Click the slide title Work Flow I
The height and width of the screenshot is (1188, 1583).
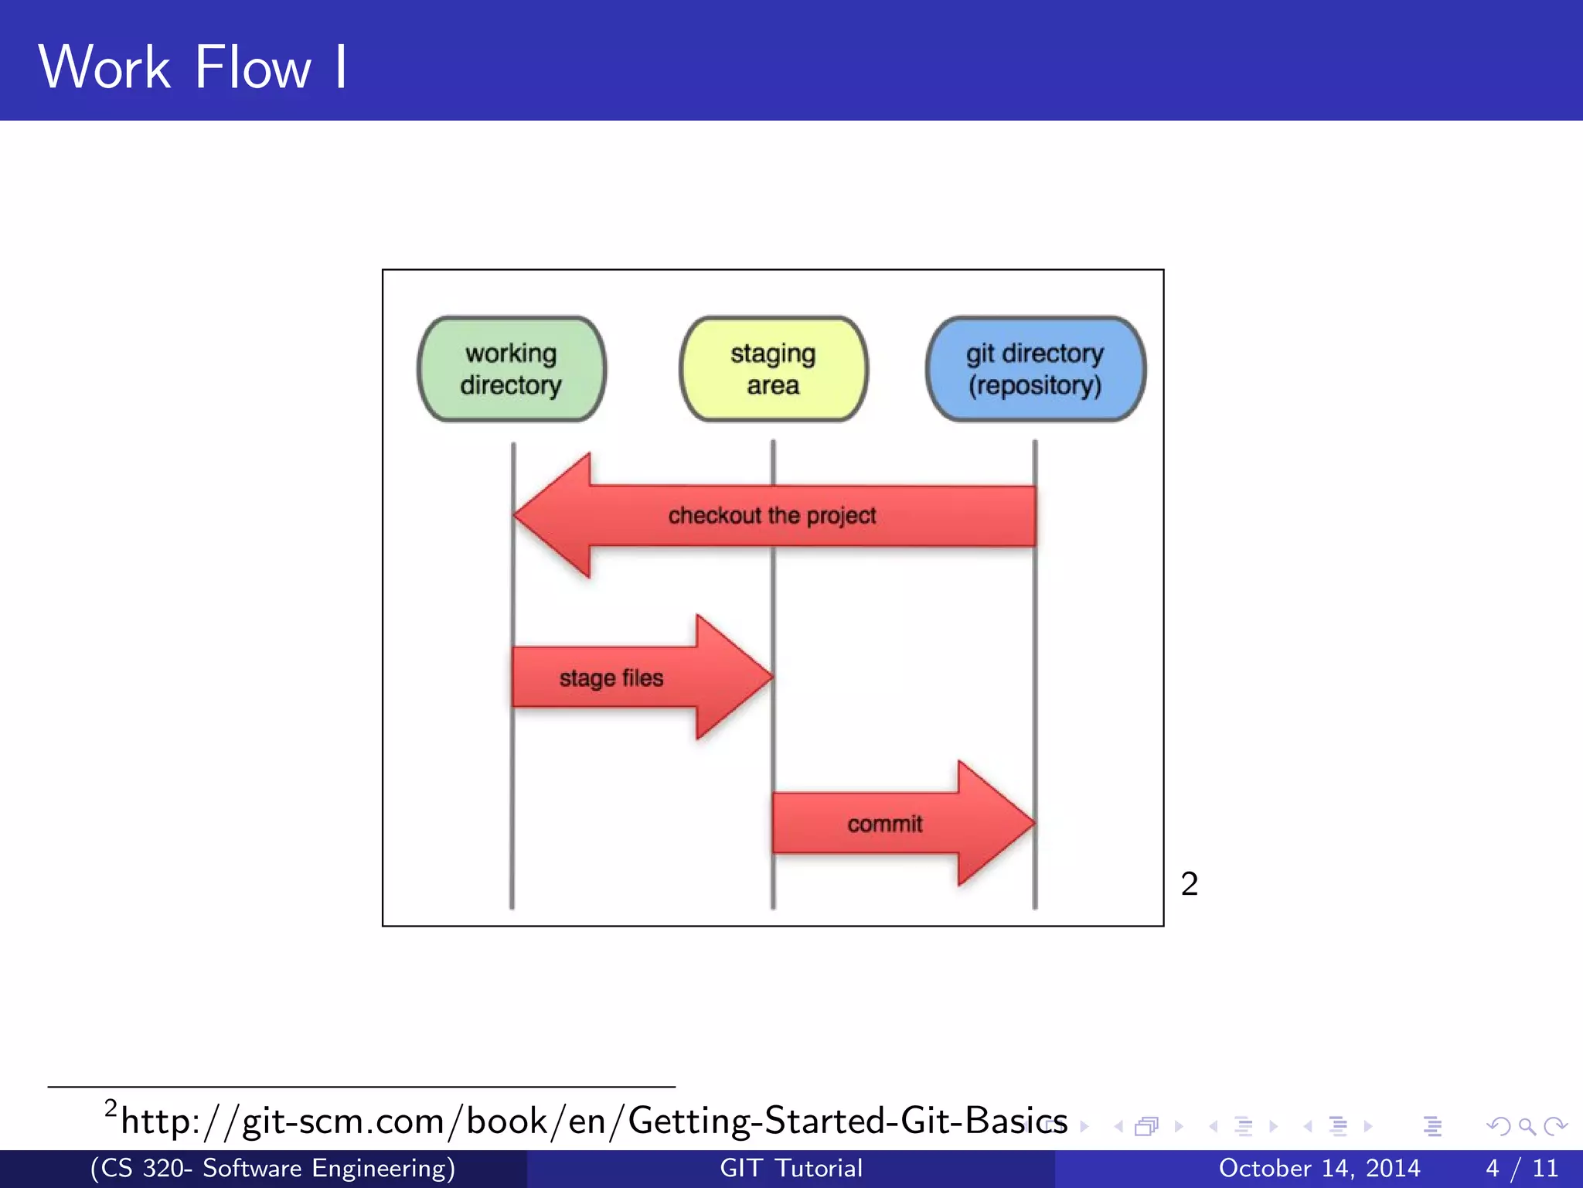point(193,67)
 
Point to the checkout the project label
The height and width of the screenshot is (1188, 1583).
point(771,515)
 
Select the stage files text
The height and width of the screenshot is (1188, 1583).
point(611,678)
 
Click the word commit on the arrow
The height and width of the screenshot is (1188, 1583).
point(884,824)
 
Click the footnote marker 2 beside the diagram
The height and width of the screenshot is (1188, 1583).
point(1189,883)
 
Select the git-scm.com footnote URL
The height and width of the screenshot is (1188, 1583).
point(594,1121)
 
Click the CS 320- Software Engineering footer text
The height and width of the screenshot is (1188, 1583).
point(272,1168)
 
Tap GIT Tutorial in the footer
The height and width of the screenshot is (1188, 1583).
point(791,1168)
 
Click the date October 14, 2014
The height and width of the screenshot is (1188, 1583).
point(1319,1168)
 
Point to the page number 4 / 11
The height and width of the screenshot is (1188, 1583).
point(1521,1168)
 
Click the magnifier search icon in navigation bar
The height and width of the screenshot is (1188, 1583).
point(1527,1126)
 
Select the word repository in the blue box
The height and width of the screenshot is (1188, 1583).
point(1035,385)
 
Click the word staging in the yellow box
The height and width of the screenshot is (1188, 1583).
point(773,354)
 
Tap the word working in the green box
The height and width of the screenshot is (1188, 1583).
point(511,353)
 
